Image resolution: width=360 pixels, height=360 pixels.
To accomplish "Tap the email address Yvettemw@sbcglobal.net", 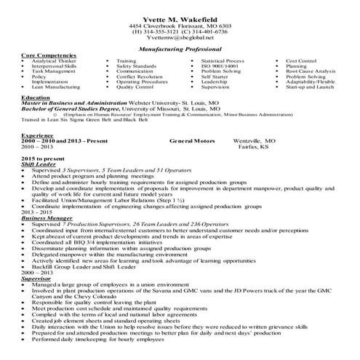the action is pos(180,38).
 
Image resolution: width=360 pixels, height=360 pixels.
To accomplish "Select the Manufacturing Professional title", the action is pos(180,49).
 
